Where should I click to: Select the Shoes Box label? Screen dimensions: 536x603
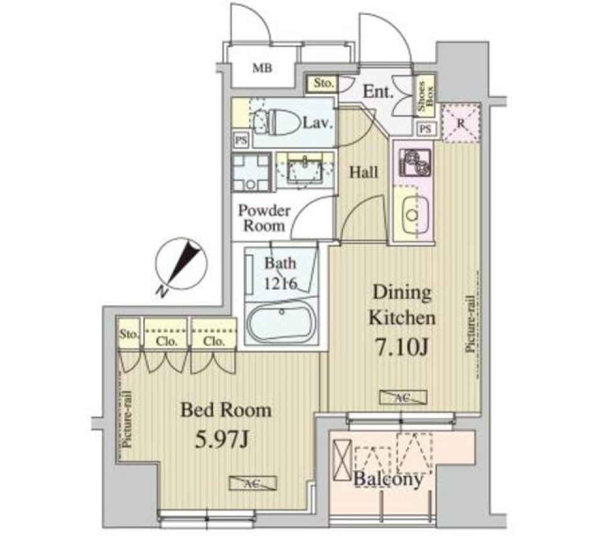[x=424, y=98]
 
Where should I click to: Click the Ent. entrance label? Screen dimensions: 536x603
[x=379, y=93]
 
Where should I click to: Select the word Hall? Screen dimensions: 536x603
[x=363, y=171]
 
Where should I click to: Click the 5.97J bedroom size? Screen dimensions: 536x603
[x=223, y=439]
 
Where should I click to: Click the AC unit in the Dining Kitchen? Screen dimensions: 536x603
[x=402, y=397]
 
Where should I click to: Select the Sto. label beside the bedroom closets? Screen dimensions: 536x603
[x=129, y=335]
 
